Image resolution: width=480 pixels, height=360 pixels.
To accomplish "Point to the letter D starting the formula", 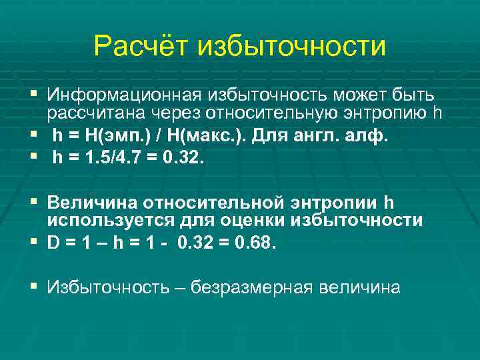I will (53, 244).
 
